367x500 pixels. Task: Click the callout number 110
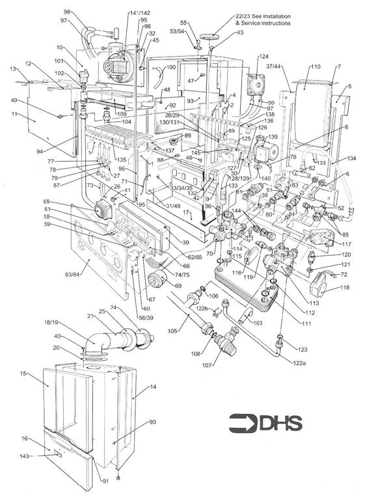tap(315, 67)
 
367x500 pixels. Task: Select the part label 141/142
tap(139, 13)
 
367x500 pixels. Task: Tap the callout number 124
tap(264, 57)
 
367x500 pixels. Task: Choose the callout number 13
tap(12, 68)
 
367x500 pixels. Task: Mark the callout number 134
tap(351, 158)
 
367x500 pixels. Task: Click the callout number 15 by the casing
tap(23, 374)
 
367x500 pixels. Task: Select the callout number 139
tap(273, 137)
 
